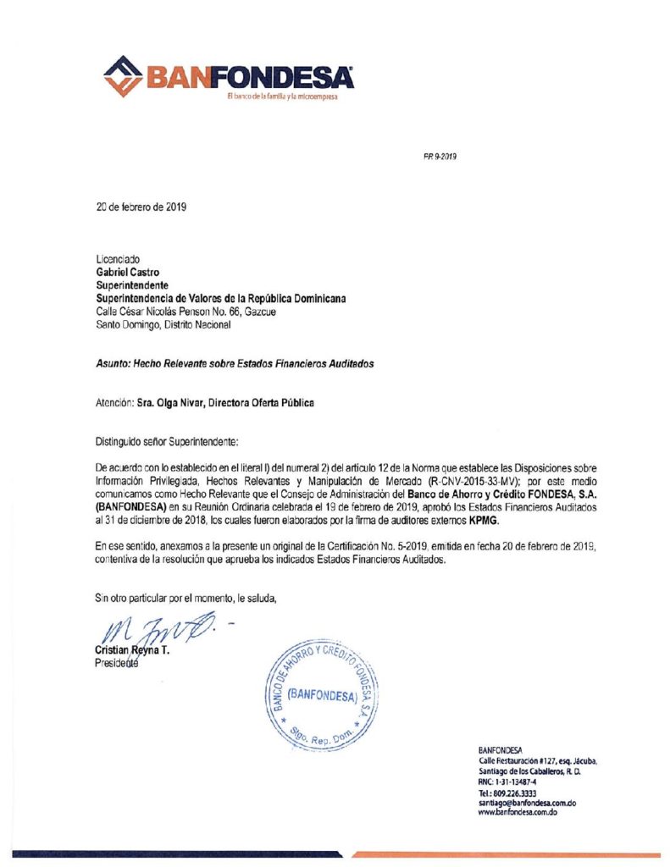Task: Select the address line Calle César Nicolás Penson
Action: [185, 311]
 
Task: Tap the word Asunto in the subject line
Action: [112, 363]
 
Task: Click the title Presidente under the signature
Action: [116, 663]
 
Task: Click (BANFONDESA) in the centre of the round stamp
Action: [322, 694]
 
